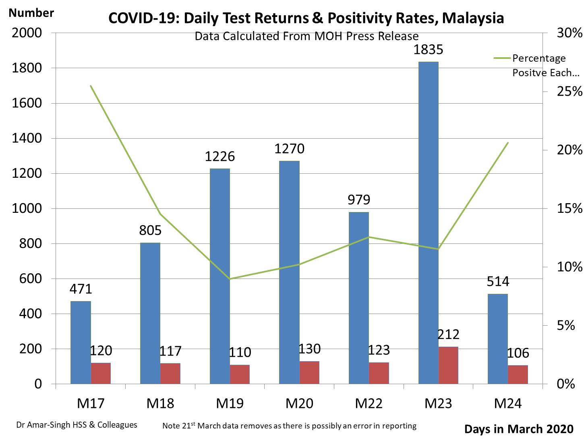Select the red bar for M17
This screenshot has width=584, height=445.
pyautogui.click(x=101, y=373)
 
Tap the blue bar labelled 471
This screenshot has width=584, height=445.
pyautogui.click(x=81, y=342)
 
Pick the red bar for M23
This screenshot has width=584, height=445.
pyautogui.click(x=448, y=365)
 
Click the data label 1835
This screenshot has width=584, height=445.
pyautogui.click(x=428, y=50)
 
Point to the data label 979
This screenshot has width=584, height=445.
pyautogui.click(x=358, y=200)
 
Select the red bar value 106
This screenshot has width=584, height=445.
pyautogui.click(x=518, y=353)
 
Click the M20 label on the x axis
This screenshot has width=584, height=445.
pyautogui.click(x=299, y=403)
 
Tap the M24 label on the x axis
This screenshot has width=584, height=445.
pyautogui.click(x=507, y=403)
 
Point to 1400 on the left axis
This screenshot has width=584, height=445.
pyautogui.click(x=27, y=138)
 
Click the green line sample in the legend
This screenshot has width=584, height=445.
pyautogui.click(x=502, y=58)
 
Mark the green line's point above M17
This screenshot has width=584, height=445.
pyautogui.click(x=91, y=86)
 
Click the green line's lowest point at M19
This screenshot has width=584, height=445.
pyautogui.click(x=230, y=279)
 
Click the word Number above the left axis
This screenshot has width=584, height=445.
pyautogui.click(x=31, y=13)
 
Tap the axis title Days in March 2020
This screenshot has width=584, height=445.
pyautogui.click(x=519, y=429)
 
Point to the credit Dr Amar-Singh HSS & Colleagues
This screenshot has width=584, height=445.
pyautogui.click(x=77, y=425)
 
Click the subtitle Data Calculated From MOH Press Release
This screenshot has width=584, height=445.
pyautogui.click(x=306, y=36)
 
